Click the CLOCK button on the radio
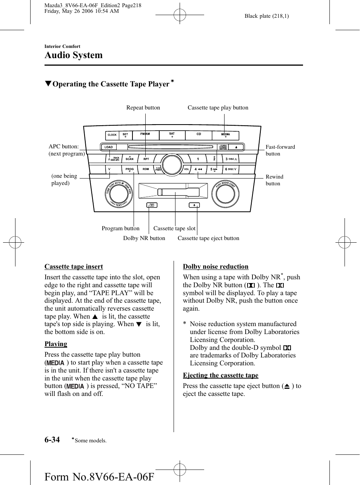tap(112, 135)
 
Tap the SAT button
tap(172, 135)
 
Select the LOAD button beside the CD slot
tap(109, 147)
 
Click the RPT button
tap(146, 159)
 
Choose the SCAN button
tap(129, 159)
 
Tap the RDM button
tap(146, 169)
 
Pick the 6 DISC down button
tap(231, 169)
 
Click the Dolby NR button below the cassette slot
tap(152, 205)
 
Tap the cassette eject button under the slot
tap(194, 205)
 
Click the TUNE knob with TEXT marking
tap(119, 194)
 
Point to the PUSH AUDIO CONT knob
tap(225, 194)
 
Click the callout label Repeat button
tap(143, 108)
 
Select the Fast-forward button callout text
tap(280, 150)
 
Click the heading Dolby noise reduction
tap(215, 266)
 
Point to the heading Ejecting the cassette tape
tap(221, 375)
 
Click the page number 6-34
tap(52, 439)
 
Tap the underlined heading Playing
tap(56, 344)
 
